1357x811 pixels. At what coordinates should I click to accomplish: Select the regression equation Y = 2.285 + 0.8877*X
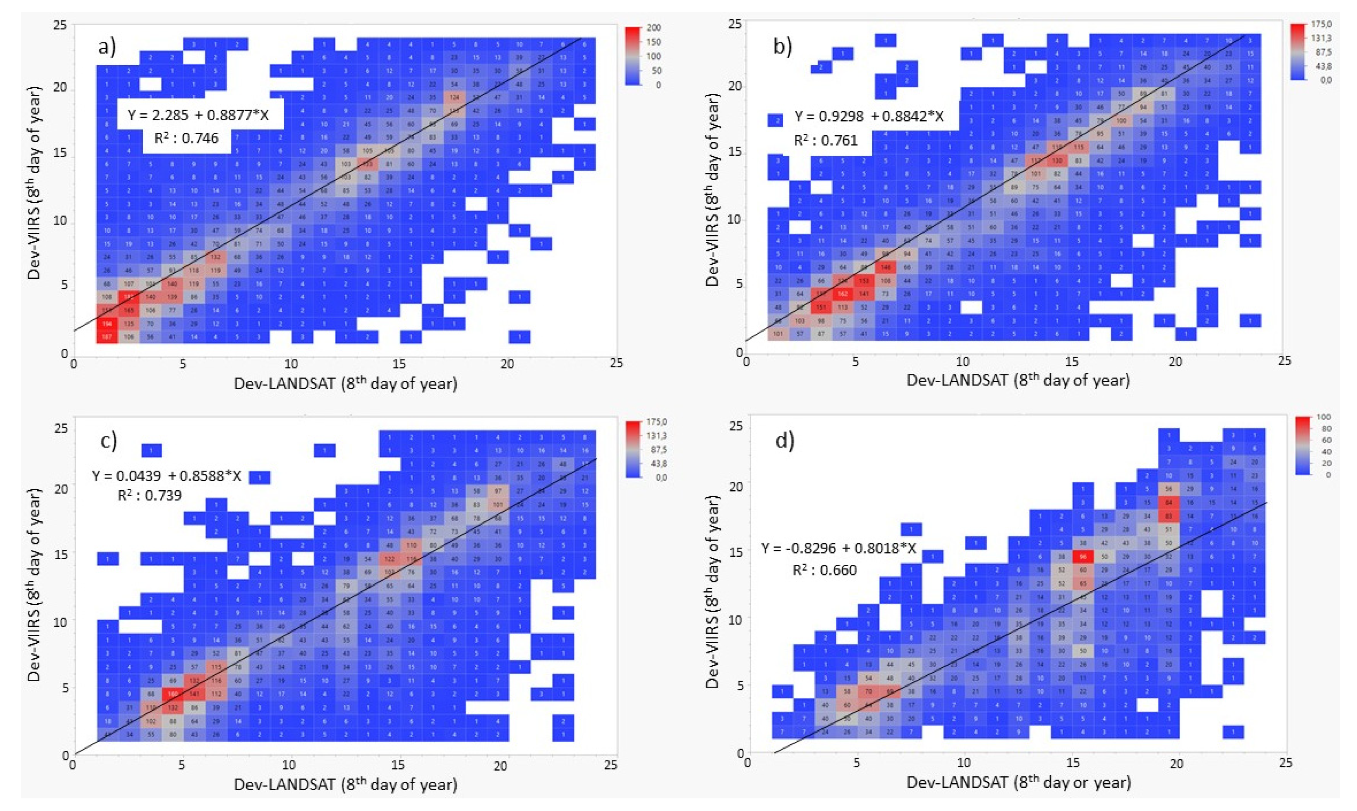(198, 115)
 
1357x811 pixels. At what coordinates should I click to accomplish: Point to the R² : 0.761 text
(826, 141)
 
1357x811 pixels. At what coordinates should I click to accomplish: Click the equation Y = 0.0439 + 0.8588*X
(167, 476)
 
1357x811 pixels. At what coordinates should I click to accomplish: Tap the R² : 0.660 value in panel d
(824, 571)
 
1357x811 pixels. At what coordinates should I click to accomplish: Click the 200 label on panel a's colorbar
(653, 27)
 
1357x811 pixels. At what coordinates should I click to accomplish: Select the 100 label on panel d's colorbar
(1323, 417)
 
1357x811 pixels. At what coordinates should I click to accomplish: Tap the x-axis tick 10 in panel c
(289, 765)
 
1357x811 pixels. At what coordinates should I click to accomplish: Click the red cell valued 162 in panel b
(842, 294)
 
